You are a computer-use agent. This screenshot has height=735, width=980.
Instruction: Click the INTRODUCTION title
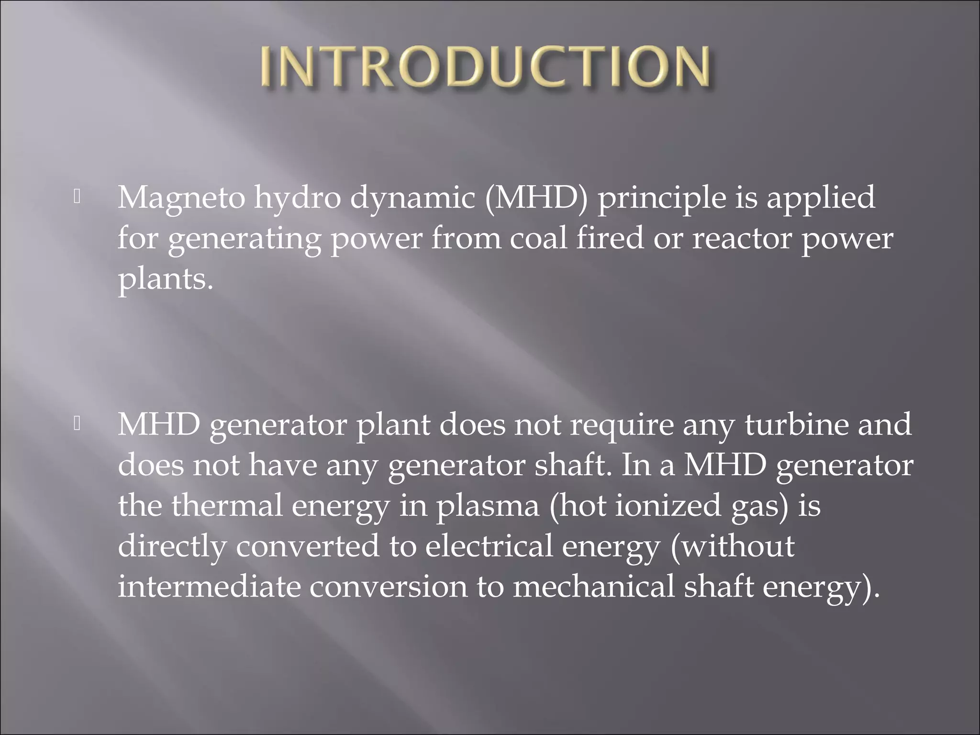486,67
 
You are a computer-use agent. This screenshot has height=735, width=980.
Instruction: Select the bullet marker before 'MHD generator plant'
77,424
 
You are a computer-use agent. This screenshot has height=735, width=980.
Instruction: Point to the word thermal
227,505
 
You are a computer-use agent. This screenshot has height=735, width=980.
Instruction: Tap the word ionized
668,505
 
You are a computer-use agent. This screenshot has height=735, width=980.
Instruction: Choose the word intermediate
209,587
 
